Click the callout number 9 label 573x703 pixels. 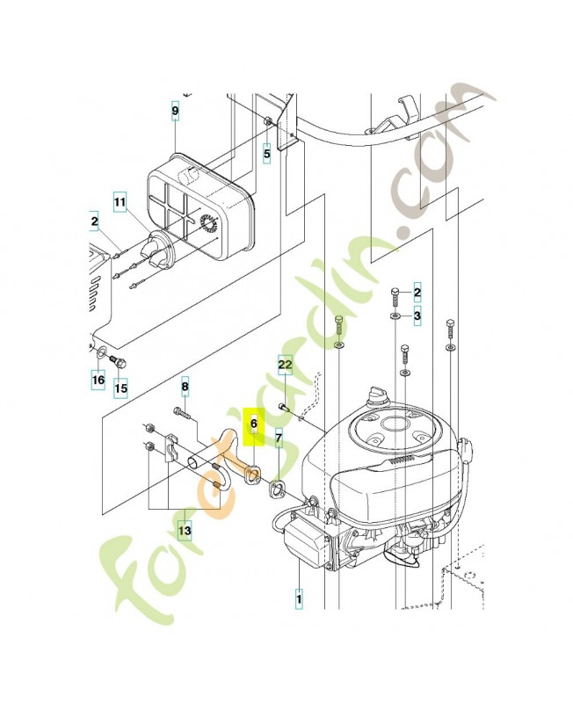click(175, 111)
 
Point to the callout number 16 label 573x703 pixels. click(98, 380)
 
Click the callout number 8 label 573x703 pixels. click(185, 386)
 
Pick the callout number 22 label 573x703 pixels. click(285, 363)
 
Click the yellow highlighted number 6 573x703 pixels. click(253, 423)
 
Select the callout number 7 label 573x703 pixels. click(279, 436)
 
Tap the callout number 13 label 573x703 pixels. click(185, 530)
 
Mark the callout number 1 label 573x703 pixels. click(299, 600)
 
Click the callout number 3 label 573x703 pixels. click(417, 315)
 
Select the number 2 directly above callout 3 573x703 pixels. click(417, 292)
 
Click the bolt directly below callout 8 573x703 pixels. click(183, 410)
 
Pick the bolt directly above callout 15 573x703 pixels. click(122, 361)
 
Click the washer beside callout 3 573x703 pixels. click(395, 314)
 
